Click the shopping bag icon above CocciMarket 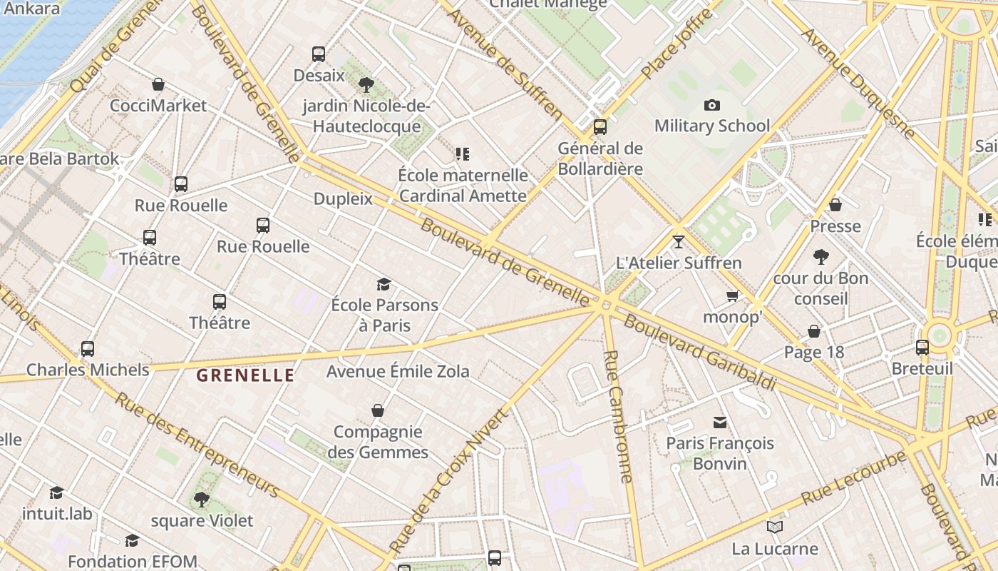[158, 84]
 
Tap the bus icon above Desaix [319, 54]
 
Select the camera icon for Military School [711, 106]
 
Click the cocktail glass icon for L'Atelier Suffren [678, 241]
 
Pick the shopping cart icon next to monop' [732, 295]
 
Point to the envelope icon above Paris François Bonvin [720, 423]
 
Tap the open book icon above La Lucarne [774, 527]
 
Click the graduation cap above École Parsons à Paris [384, 284]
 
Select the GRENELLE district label [245, 375]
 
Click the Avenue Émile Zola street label [398, 371]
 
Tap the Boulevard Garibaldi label [699, 353]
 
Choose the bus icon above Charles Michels [88, 349]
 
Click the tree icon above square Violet [202, 499]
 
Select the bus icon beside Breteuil [922, 348]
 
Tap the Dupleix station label [343, 198]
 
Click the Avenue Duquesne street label [858, 83]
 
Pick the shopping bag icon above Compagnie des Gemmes [378, 410]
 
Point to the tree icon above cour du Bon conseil [820, 256]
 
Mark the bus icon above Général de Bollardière [600, 127]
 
